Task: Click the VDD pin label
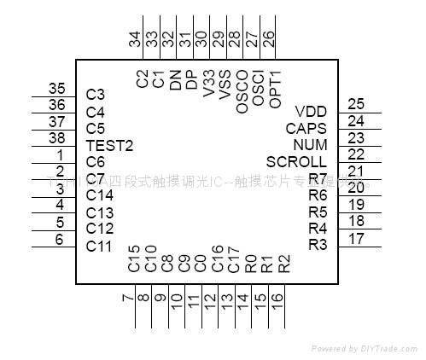click(x=310, y=112)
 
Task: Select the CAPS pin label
click(x=306, y=128)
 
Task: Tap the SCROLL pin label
click(x=295, y=161)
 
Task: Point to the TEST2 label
click(x=110, y=145)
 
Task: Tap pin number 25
click(x=356, y=104)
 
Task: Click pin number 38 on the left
click(x=57, y=138)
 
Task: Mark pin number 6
click(x=60, y=239)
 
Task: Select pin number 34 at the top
click(x=134, y=38)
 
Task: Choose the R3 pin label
click(x=318, y=245)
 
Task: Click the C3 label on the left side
click(x=96, y=95)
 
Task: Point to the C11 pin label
click(x=100, y=246)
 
